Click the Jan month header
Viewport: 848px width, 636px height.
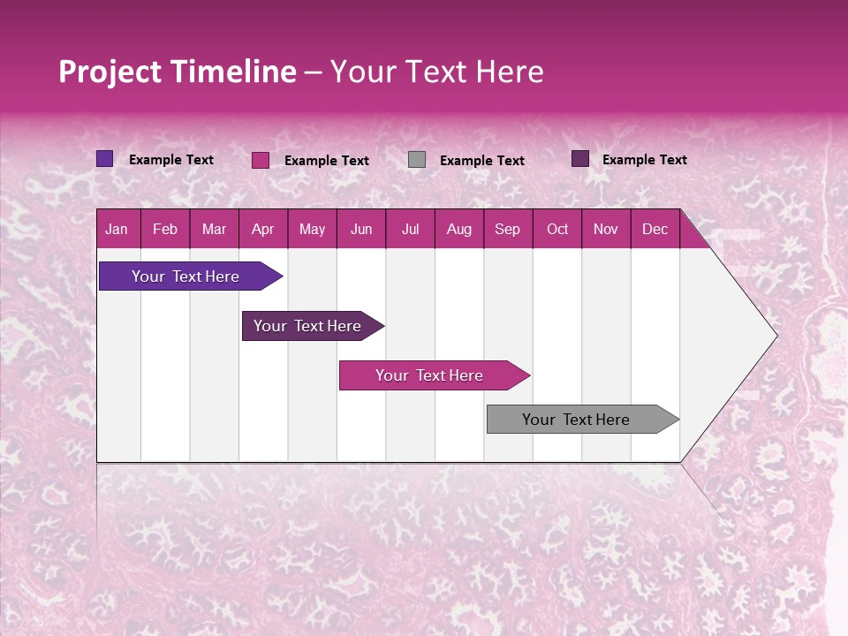117,229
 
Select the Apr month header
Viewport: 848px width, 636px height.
263,229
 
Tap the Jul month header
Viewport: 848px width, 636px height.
411,229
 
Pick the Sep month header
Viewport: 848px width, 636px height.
508,229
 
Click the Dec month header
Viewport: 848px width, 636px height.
655,229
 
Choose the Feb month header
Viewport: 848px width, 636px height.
165,229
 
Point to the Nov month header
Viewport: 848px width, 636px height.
606,229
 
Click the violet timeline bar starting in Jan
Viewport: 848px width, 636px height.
185,276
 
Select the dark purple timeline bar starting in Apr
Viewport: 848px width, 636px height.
307,326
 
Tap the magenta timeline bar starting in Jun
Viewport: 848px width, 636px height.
429,375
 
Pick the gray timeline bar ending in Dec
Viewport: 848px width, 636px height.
576,420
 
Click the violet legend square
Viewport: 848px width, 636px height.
104,159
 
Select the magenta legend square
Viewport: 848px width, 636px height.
261,160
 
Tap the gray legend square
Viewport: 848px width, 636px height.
417,160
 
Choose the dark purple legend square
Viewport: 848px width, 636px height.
580,159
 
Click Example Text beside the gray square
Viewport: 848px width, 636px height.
482,161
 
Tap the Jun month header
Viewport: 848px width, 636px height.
361,229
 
